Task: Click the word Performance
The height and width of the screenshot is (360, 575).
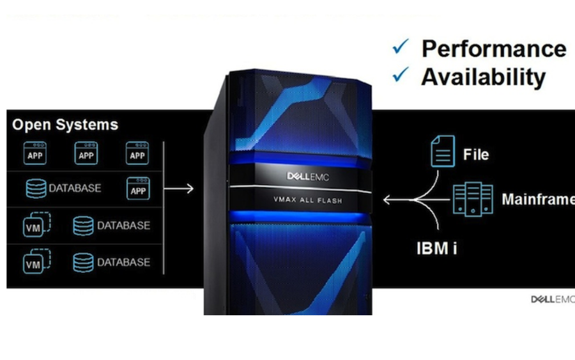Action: [494, 49]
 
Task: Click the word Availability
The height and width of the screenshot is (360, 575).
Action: [484, 77]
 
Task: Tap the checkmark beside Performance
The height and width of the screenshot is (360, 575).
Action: [401, 47]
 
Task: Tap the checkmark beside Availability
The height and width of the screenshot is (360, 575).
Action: [401, 75]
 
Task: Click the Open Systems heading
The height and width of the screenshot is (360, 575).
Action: [65, 125]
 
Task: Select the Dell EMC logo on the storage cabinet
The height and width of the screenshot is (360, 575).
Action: [308, 176]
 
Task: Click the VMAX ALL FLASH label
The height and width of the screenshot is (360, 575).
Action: [308, 200]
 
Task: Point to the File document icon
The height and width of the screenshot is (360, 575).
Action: [443, 151]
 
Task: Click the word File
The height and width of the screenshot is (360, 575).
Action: [476, 155]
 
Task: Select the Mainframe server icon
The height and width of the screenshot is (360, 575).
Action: [473, 199]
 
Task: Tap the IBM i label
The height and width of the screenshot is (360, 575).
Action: [437, 249]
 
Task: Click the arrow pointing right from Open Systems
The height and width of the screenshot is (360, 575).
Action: [179, 189]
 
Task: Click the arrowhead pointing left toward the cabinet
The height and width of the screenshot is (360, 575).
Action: [387, 200]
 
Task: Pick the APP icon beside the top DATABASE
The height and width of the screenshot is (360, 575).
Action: [138, 189]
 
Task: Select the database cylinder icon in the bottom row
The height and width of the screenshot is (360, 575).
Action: [83, 262]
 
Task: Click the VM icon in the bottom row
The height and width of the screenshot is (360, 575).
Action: [36, 261]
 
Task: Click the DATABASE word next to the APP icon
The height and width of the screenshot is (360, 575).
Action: [75, 188]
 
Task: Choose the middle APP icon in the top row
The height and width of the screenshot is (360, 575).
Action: [86, 153]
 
